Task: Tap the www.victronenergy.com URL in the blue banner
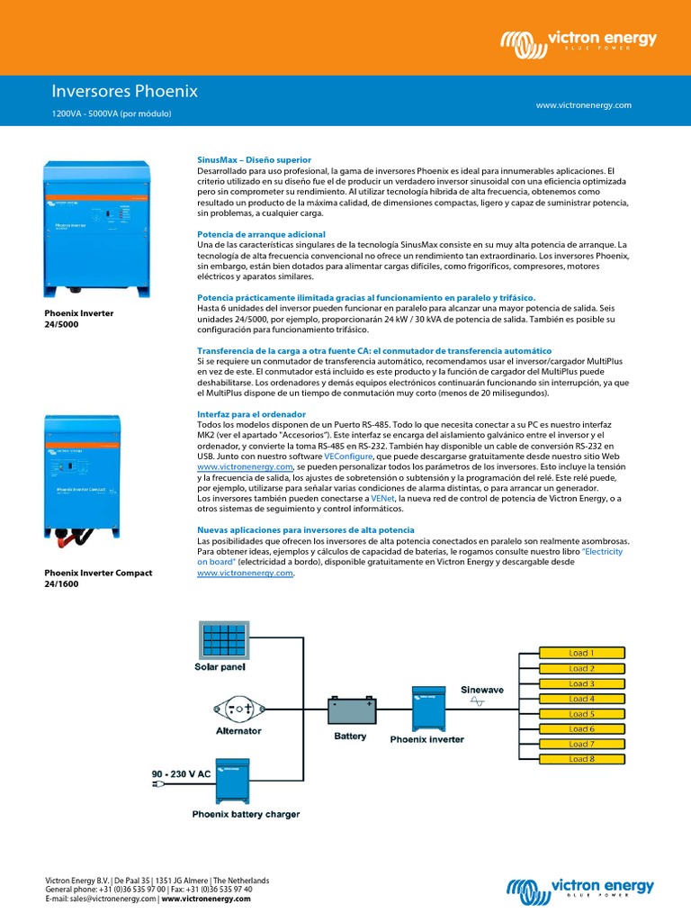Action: coord(583,105)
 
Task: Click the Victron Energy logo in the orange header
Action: coord(579,41)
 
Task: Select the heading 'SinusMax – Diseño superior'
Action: coord(253,159)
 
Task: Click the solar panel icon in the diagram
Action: coord(220,640)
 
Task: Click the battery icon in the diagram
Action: coord(350,711)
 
